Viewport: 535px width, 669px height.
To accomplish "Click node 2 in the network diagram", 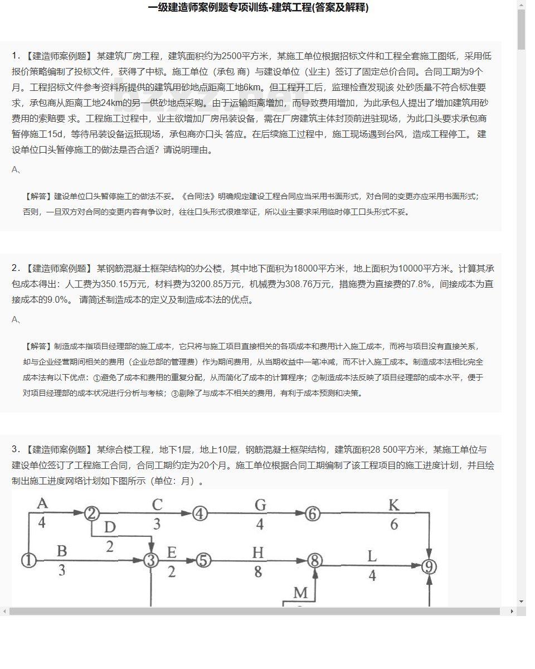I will pyautogui.click(x=93, y=513).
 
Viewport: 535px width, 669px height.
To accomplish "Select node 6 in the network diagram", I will pyautogui.click(x=313, y=513).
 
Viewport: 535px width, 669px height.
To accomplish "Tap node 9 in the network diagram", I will pyautogui.click(x=429, y=567).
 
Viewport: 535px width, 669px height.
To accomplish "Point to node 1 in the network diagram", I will pyautogui.click(x=28, y=560).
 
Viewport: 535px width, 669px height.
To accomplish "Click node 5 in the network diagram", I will pyautogui.click(x=204, y=560).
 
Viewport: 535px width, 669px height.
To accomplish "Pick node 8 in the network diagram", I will pyautogui.click(x=315, y=560).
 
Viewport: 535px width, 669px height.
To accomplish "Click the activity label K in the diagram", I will pyautogui.click(x=393, y=505).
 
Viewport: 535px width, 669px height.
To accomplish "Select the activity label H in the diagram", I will pyautogui.click(x=257, y=552).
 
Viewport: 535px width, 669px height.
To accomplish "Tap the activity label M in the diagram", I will pyautogui.click(x=300, y=593).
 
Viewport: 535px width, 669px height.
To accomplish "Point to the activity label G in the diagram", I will pyautogui.click(x=260, y=505).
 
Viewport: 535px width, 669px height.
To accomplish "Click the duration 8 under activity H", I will pyautogui.click(x=257, y=572).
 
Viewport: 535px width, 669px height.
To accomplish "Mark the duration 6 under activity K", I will pyautogui.click(x=394, y=525).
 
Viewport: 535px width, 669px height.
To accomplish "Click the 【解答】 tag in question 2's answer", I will pyautogui.click(x=38, y=346).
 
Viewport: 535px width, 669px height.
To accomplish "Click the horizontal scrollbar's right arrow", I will pyautogui.click(x=512, y=612).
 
